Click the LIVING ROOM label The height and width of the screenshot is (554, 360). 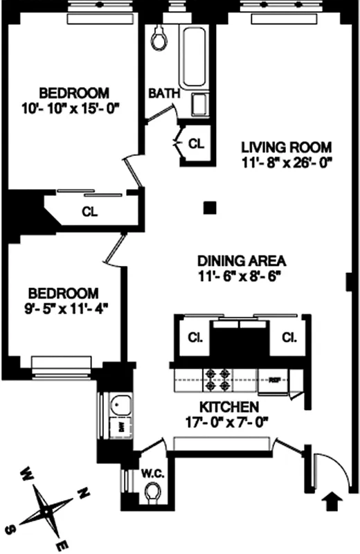pyautogui.click(x=286, y=148)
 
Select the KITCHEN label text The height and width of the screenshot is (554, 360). pyautogui.click(x=230, y=406)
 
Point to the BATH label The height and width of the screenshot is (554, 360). pyautogui.click(x=165, y=92)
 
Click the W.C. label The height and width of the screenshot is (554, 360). pyautogui.click(x=151, y=474)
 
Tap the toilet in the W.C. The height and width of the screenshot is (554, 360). pyautogui.click(x=154, y=492)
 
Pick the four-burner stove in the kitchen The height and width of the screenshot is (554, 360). pyautogui.click(x=216, y=377)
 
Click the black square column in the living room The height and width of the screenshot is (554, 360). pyautogui.click(x=209, y=206)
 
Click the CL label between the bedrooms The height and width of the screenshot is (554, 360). pyautogui.click(x=89, y=211)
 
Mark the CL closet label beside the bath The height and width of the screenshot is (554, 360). pyautogui.click(x=196, y=144)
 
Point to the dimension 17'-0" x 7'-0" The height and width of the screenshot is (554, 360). pyautogui.click(x=230, y=420)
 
